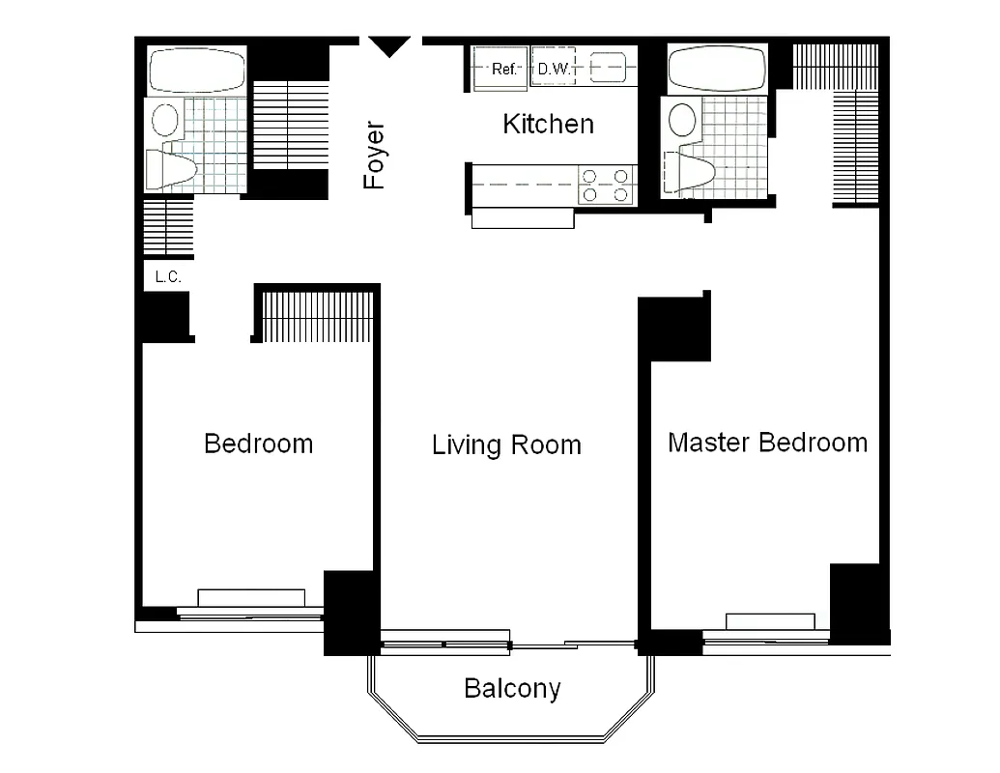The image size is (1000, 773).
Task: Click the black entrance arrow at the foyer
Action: [390, 45]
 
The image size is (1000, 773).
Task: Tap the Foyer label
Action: [374, 155]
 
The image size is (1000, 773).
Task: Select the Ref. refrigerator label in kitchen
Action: [505, 69]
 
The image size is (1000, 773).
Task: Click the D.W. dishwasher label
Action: [553, 69]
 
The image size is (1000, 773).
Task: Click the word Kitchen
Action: [548, 124]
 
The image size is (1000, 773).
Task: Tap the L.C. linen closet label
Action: [168, 277]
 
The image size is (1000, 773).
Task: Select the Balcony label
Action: [512, 688]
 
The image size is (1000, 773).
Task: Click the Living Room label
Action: [506, 444]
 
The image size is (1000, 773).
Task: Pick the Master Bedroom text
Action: [767, 443]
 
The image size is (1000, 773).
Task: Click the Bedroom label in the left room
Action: [259, 444]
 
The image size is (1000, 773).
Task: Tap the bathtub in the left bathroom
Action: [197, 70]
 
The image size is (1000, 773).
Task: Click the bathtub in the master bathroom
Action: [716, 68]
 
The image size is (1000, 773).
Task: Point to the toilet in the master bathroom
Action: [690, 173]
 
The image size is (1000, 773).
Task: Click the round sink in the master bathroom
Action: [683, 120]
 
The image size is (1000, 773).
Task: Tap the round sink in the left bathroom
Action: [165, 121]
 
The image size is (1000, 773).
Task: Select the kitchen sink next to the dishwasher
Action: [610, 69]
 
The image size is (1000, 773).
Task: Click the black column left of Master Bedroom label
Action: [675, 329]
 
